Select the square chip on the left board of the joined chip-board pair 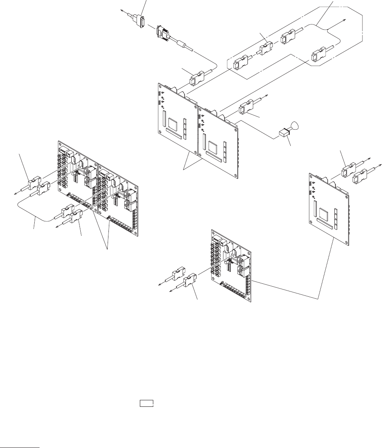point(174,124)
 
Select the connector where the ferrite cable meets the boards point(197,78)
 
